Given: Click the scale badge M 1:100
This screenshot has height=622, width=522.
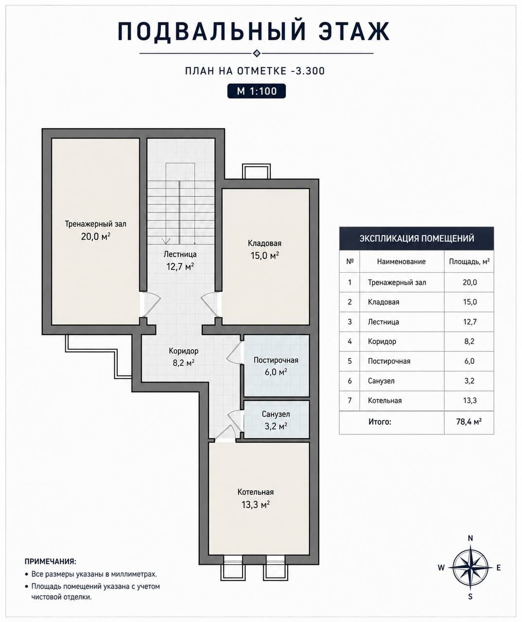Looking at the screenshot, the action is [257, 91].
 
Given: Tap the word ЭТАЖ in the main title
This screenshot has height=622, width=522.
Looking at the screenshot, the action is [354, 31].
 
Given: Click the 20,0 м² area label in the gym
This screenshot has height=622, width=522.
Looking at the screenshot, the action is [96, 237].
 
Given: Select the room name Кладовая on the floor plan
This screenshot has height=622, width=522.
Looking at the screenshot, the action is [264, 243].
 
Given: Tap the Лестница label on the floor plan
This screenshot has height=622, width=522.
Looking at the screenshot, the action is [180, 254].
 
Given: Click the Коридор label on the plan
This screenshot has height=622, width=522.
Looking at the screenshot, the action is [184, 351].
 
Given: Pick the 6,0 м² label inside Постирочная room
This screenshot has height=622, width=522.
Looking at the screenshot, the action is [276, 372].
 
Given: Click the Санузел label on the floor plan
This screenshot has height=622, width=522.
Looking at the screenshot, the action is [276, 414].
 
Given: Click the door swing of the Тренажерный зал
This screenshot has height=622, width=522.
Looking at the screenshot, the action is [153, 305].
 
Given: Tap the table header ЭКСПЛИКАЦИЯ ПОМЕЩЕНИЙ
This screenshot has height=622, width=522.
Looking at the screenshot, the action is [417, 238].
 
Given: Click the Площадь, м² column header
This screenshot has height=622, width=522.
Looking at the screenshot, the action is [469, 261].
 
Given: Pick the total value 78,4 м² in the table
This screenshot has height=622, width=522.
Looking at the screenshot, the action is [469, 421].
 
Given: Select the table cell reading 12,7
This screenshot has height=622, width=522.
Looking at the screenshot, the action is [470, 322].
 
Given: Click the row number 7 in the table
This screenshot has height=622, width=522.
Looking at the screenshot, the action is [350, 400].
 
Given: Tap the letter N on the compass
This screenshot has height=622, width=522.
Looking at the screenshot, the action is [470, 538].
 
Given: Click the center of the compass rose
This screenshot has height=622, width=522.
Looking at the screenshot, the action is [470, 568].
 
